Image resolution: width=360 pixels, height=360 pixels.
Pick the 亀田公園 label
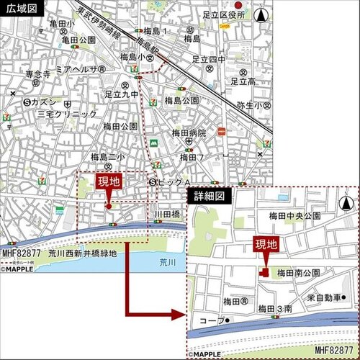(x=78, y=40)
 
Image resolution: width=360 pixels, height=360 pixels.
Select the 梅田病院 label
(x=189, y=133)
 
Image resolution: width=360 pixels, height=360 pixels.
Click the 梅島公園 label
(x=181, y=100)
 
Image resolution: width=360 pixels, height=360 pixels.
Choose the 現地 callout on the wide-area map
(x=107, y=181)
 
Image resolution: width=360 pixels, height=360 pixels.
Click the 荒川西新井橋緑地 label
(x=72, y=254)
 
